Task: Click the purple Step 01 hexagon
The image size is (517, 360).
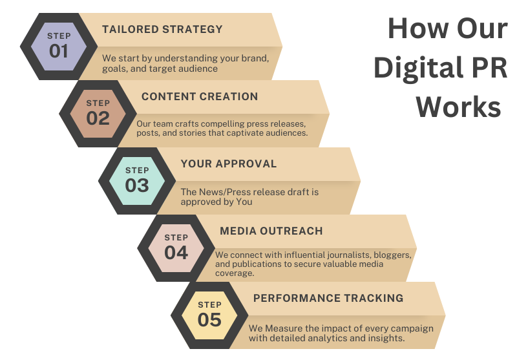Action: tap(59, 47)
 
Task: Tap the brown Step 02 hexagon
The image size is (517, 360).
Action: tap(98, 114)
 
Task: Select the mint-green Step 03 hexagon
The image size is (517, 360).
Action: tap(137, 181)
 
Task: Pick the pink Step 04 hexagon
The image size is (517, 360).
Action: tap(176, 248)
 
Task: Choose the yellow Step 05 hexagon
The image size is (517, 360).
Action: tap(209, 315)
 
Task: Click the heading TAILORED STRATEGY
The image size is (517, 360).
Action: tap(162, 29)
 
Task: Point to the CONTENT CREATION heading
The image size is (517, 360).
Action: tap(200, 96)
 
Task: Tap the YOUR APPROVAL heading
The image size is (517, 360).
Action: tap(229, 164)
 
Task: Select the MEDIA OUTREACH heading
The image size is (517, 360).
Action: tap(271, 231)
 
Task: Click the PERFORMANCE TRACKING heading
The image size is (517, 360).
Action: tap(328, 299)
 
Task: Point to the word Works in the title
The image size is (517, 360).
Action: tap(459, 107)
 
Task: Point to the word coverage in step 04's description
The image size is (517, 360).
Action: tap(235, 273)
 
